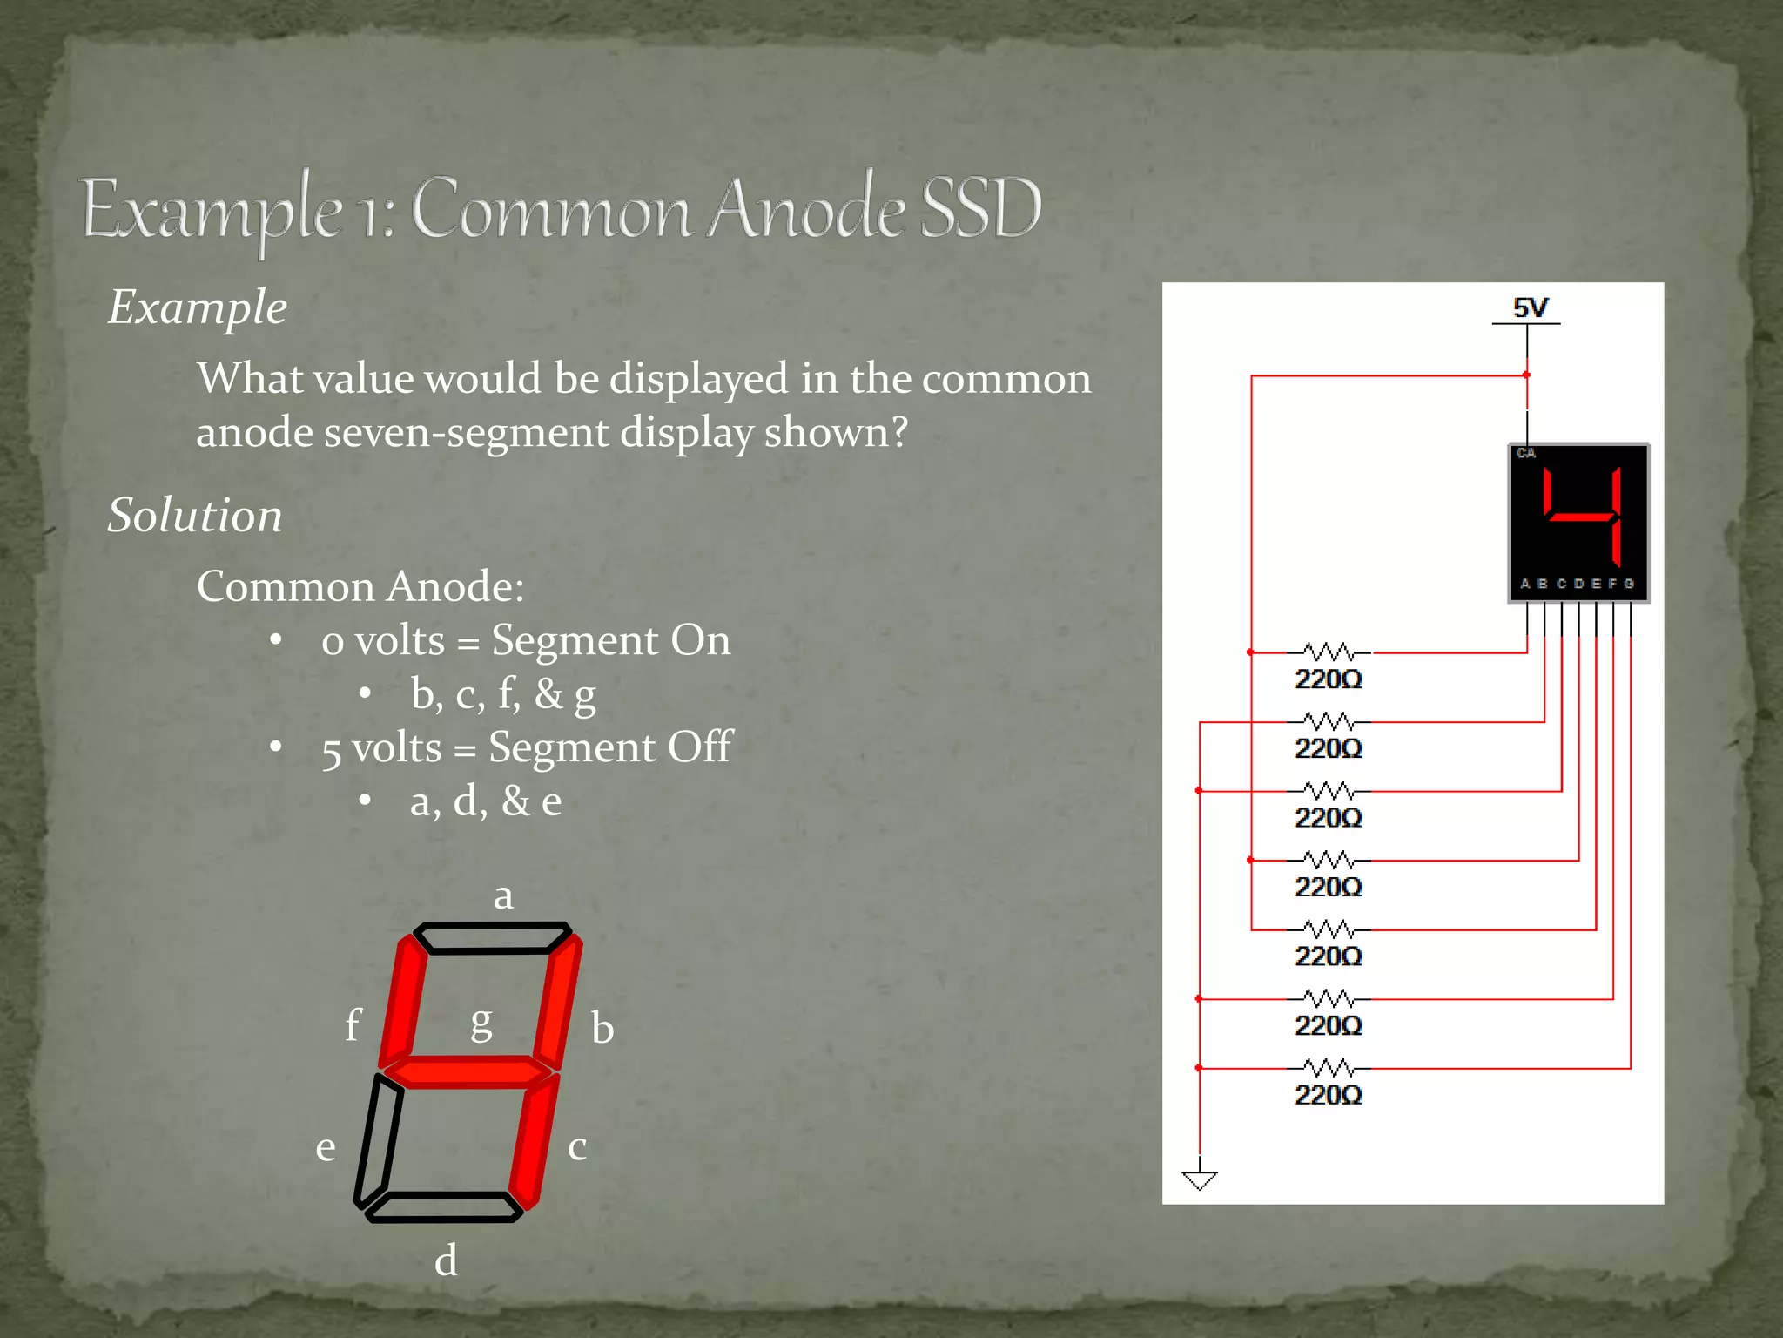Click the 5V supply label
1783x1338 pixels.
(1530, 308)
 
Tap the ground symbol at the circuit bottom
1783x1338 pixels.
(1199, 1179)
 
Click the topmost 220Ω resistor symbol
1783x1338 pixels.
(1329, 652)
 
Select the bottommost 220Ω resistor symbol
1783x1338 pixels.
(1329, 1067)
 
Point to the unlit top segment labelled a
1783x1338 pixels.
(493, 938)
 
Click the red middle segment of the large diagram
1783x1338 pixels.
(468, 1071)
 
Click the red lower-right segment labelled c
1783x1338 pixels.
(533, 1141)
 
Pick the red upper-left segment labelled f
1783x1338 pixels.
(403, 1002)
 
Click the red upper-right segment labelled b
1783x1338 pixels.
(557, 1002)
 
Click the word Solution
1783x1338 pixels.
(195, 515)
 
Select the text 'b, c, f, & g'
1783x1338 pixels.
(503, 694)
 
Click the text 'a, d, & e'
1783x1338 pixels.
(486, 801)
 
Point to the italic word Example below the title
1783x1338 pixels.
(198, 307)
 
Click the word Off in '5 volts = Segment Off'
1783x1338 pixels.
(700, 747)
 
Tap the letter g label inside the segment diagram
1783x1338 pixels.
(481, 1023)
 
